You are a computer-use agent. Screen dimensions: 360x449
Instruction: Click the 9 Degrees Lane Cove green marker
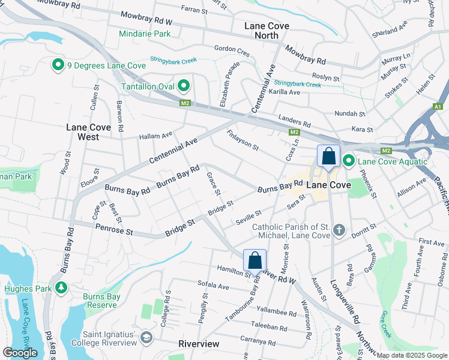pos(58,65)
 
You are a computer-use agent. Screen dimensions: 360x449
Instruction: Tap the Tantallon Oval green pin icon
pos(184,86)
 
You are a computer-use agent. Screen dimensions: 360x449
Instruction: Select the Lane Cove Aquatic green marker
pos(349,161)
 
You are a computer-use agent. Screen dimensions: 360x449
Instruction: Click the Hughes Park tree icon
pos(61,289)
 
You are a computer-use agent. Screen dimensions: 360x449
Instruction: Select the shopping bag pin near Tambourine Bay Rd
pos(255,260)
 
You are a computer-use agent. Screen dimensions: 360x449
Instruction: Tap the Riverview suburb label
pos(199,344)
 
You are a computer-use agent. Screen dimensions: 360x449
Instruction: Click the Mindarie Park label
pos(145,34)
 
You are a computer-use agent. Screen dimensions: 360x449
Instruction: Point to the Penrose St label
pos(114,229)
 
